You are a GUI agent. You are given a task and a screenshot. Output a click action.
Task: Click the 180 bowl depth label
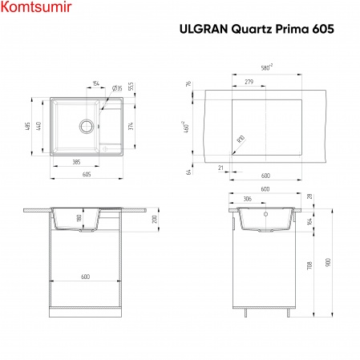(x=78, y=219)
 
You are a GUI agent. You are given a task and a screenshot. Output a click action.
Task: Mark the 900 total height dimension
(x=330, y=261)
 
